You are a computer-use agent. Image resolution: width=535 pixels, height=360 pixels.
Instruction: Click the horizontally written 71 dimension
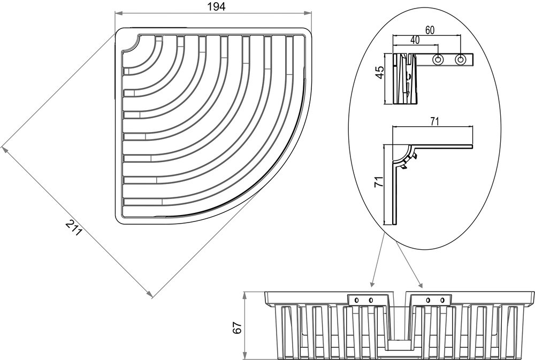[x=434, y=121]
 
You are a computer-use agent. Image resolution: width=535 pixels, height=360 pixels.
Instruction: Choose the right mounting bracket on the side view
[x=435, y=300]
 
